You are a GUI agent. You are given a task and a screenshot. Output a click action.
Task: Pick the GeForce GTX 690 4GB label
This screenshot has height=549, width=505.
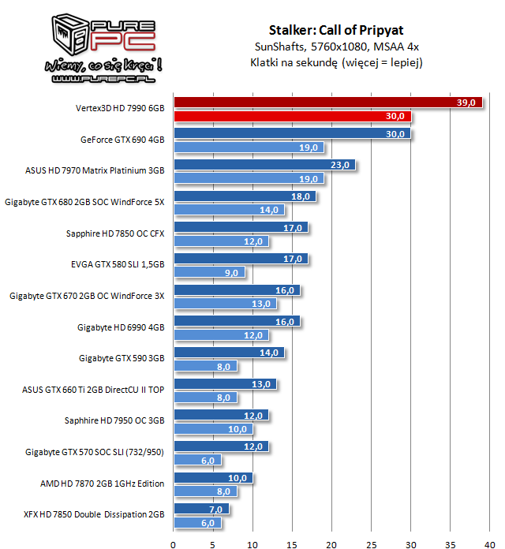(x=122, y=140)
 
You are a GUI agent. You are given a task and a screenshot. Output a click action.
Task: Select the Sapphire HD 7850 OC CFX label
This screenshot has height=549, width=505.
(x=115, y=233)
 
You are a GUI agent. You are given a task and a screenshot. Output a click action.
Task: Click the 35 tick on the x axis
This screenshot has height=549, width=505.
(x=450, y=543)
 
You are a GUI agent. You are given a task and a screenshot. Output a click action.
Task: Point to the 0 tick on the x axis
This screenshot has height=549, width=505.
(x=174, y=543)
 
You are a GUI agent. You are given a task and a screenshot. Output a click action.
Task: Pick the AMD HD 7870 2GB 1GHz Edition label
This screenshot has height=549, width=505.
(x=102, y=484)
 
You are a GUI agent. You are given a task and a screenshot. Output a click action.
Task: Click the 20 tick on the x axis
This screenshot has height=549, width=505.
(x=331, y=543)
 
